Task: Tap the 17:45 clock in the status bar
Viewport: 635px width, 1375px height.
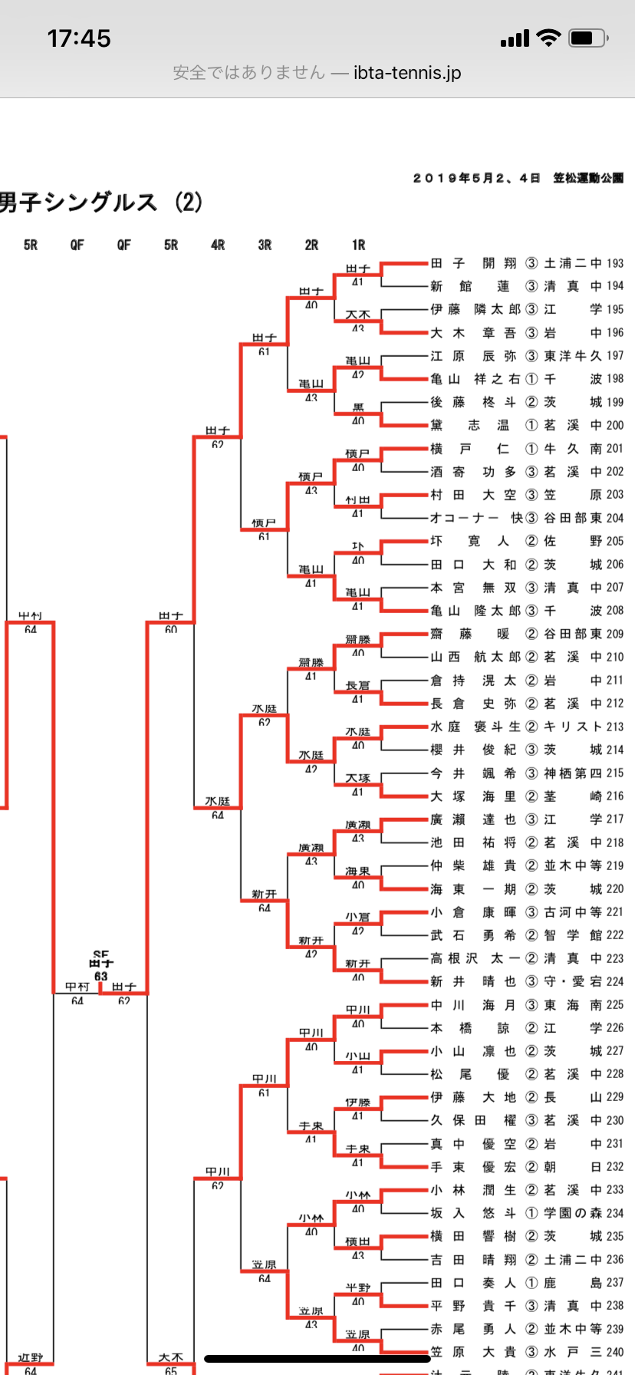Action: tap(79, 38)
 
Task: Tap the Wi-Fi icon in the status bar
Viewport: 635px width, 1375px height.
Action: tap(548, 38)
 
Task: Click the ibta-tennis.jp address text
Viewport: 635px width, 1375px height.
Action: tap(407, 73)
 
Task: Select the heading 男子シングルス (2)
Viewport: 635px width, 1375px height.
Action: tap(101, 203)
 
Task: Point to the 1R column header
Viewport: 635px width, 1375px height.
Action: tap(358, 245)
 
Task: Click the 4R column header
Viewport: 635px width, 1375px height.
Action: tap(218, 245)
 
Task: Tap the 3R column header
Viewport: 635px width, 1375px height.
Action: tap(265, 245)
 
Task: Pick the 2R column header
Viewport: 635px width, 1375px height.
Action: tap(311, 245)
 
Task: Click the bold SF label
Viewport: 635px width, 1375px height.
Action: tap(100, 955)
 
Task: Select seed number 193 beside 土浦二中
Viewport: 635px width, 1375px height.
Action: tap(615, 263)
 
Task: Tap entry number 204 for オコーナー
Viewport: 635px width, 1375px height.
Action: tap(615, 518)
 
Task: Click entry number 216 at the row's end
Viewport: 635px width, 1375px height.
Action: tap(615, 796)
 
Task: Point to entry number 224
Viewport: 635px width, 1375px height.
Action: tap(615, 981)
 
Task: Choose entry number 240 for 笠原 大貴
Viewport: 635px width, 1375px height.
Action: tap(615, 1352)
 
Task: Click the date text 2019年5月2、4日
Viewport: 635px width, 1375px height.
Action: tap(476, 178)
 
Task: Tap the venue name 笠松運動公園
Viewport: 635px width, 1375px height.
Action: tap(588, 178)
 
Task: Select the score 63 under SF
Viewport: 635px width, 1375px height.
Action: tap(100, 976)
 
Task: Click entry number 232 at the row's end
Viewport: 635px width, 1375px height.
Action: tap(615, 1166)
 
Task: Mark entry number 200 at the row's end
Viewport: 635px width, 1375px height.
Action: tap(615, 425)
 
